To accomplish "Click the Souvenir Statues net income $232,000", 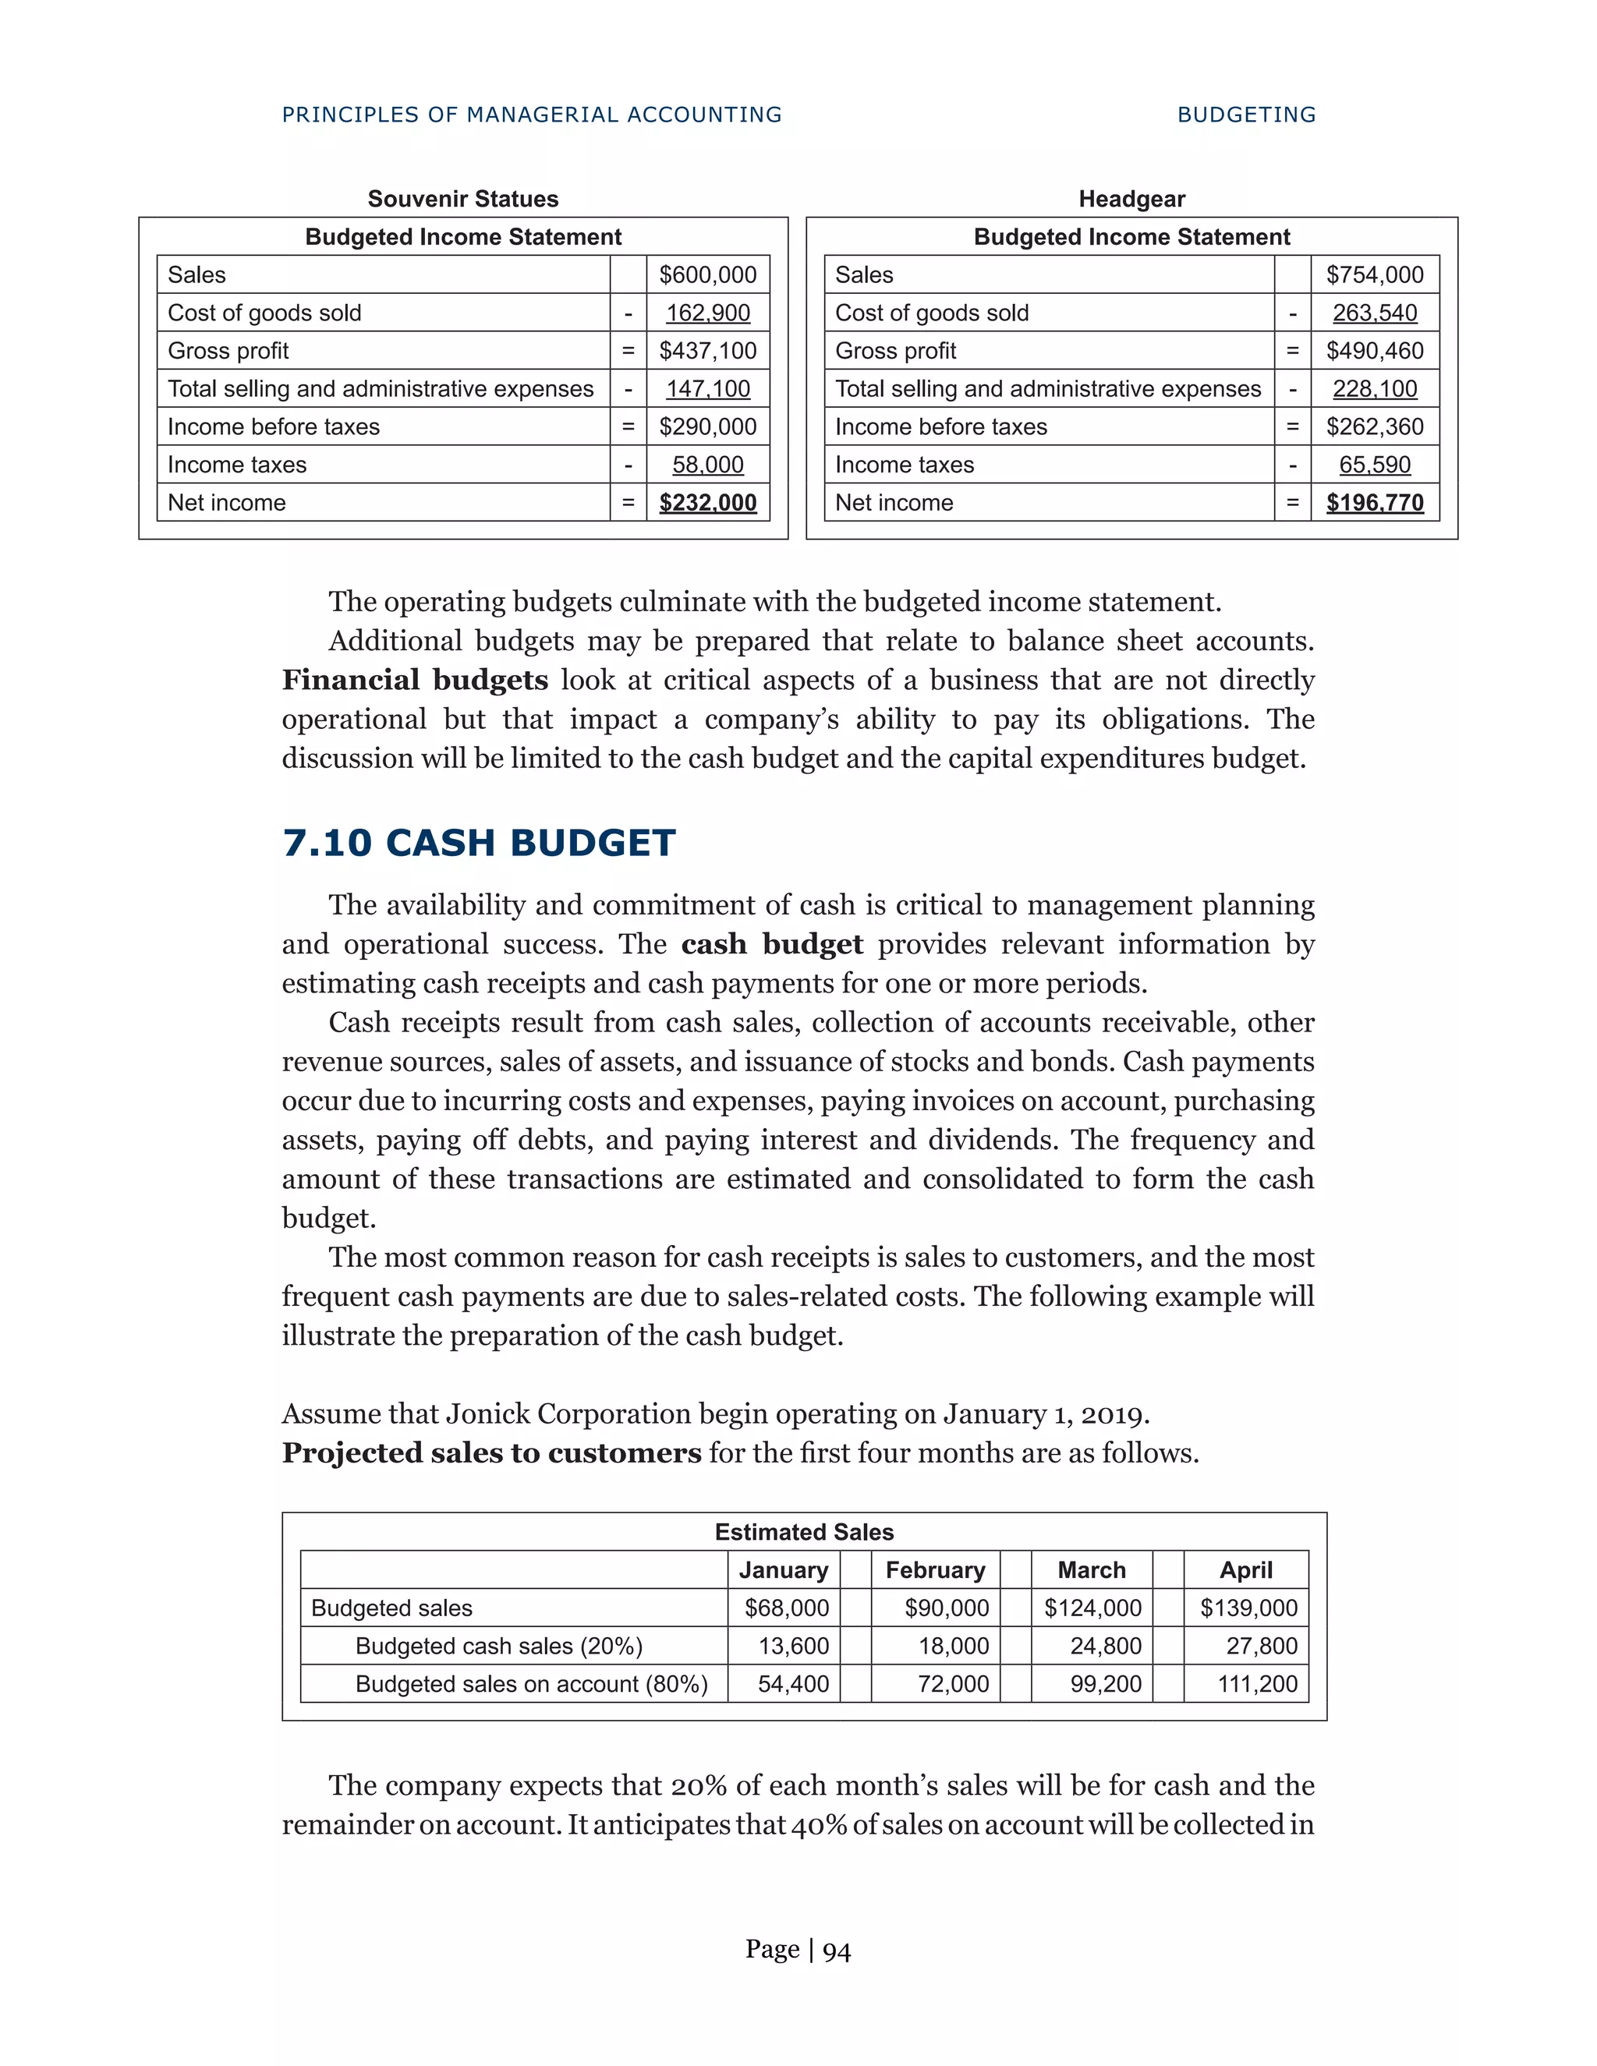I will tap(708, 502).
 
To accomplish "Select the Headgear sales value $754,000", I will tap(1375, 274).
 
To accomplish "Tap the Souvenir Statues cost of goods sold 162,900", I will tap(708, 313).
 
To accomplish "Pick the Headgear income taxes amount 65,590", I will tap(1375, 465).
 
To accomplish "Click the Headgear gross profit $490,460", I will tap(1375, 351).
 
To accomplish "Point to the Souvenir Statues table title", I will tap(462, 199).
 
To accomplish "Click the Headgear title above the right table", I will tap(1131, 199).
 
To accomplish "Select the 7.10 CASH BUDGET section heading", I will tap(479, 843).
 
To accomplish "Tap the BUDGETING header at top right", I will tap(1246, 115).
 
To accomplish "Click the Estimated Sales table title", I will tap(804, 1531).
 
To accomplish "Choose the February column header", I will tap(935, 1570).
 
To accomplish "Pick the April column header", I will tap(1246, 1570).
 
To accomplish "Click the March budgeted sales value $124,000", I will tap(1092, 1608).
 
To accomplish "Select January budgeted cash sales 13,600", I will tap(793, 1646).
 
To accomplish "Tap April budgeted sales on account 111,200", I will tap(1257, 1684).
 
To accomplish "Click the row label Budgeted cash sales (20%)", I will tap(498, 1646).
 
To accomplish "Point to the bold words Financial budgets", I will tap(414, 680).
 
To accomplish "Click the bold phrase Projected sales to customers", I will tap(491, 1453).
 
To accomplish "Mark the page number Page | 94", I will tap(798, 1950).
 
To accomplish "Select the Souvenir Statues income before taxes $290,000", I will tap(708, 426).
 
